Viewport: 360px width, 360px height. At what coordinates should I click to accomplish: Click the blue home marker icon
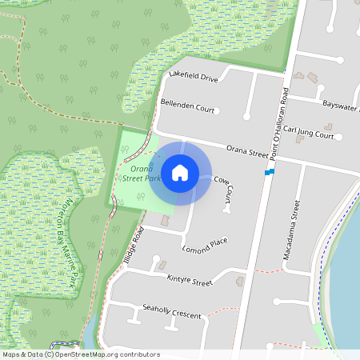pyautogui.click(x=180, y=172)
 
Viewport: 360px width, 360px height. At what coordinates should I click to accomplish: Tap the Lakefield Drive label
pyautogui.click(x=194, y=78)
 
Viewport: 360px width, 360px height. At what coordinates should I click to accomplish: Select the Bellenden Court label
pyautogui.click(x=188, y=106)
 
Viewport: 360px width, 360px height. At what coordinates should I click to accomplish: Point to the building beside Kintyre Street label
pyautogui.click(x=241, y=281)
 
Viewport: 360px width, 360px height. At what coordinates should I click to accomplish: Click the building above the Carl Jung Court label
pyautogui.click(x=328, y=126)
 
